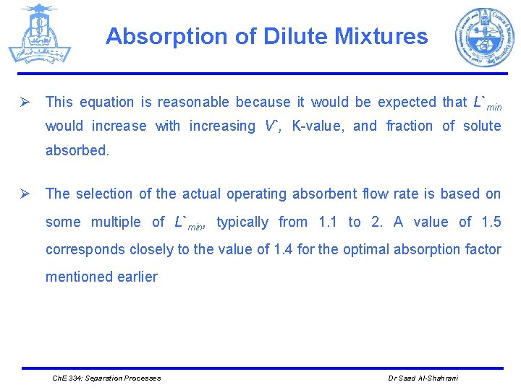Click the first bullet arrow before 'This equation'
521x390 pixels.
(x=24, y=103)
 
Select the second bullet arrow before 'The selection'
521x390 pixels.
(x=24, y=194)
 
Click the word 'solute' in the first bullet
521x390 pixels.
(x=481, y=126)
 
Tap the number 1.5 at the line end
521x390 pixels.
(x=491, y=222)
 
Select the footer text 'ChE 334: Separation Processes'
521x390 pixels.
(x=107, y=378)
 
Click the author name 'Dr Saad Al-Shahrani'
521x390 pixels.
(x=423, y=378)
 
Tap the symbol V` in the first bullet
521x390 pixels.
(x=271, y=126)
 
